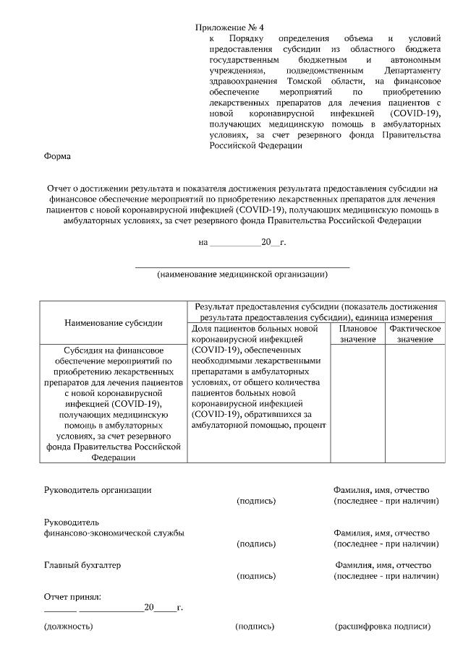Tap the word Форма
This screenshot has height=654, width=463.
pyautogui.click(x=58, y=155)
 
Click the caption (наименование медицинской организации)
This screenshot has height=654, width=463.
pyautogui.click(x=242, y=275)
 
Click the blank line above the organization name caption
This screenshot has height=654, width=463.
pyautogui.click(x=242, y=267)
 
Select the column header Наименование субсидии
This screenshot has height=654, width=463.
pyautogui.click(x=113, y=322)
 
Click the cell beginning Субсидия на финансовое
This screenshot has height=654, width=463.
pyautogui.click(x=113, y=403)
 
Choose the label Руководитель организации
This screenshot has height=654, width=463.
pyautogui.click(x=98, y=490)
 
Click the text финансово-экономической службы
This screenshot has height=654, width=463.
pyautogui.click(x=114, y=533)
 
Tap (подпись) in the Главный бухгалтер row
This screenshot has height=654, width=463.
pyautogui.click(x=256, y=576)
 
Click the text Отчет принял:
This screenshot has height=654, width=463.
pyautogui.click(x=72, y=597)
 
